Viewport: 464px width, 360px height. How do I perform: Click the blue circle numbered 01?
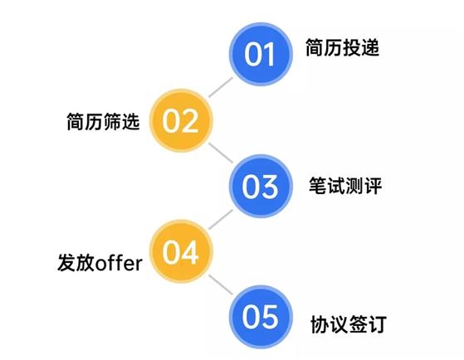click(x=261, y=55)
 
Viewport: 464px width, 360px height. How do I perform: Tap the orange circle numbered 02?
click(x=181, y=120)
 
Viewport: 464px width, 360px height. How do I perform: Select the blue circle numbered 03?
click(x=261, y=186)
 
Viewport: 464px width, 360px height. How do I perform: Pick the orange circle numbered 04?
click(x=181, y=251)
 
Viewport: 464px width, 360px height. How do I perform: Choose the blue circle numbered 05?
click(x=261, y=317)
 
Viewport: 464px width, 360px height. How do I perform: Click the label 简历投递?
click(x=342, y=47)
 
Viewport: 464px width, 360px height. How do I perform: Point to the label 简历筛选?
click(x=103, y=122)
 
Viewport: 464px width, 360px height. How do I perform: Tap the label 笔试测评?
click(x=345, y=186)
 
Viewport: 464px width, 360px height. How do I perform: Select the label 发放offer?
click(x=100, y=263)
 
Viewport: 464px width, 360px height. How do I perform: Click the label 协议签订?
click(x=349, y=324)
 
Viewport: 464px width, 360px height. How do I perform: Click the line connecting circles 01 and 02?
click(x=221, y=87)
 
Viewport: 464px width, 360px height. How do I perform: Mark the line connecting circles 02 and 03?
click(x=221, y=153)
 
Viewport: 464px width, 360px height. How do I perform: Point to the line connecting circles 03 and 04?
click(x=221, y=219)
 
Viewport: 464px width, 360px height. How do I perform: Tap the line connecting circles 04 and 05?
click(x=221, y=285)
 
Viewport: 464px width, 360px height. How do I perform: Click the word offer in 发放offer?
click(x=119, y=263)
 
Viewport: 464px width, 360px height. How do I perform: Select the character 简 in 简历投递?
click(x=315, y=47)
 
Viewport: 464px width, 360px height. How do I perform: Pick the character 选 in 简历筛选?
click(x=130, y=122)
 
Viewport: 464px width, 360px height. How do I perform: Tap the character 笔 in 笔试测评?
click(x=318, y=186)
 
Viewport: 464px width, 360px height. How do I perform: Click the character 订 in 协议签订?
click(x=378, y=324)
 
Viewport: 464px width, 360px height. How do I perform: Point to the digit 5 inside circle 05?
click(x=270, y=317)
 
